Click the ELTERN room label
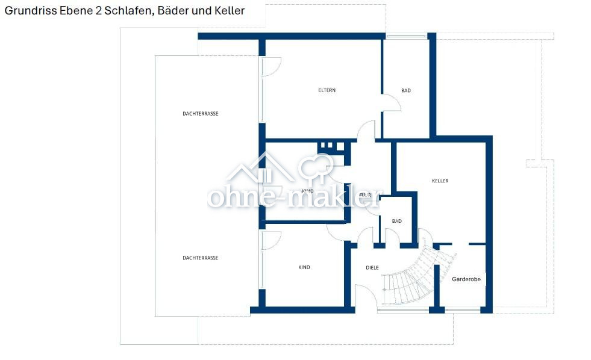327,90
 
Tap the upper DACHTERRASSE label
200,113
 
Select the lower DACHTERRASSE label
200,258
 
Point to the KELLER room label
440,181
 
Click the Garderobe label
466,279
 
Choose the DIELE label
372,267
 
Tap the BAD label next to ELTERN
406,90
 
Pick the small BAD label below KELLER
396,221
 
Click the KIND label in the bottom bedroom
304,267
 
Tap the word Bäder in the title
172,11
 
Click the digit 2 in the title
98,11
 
